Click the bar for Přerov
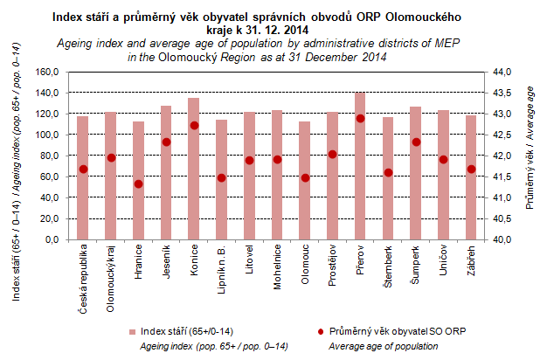click(x=360, y=166)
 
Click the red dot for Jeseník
click(x=166, y=142)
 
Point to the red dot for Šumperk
click(x=416, y=142)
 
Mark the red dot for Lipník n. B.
click(x=222, y=177)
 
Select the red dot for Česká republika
click(x=83, y=170)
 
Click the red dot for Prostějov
click(x=333, y=155)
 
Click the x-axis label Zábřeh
click(x=472, y=262)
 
